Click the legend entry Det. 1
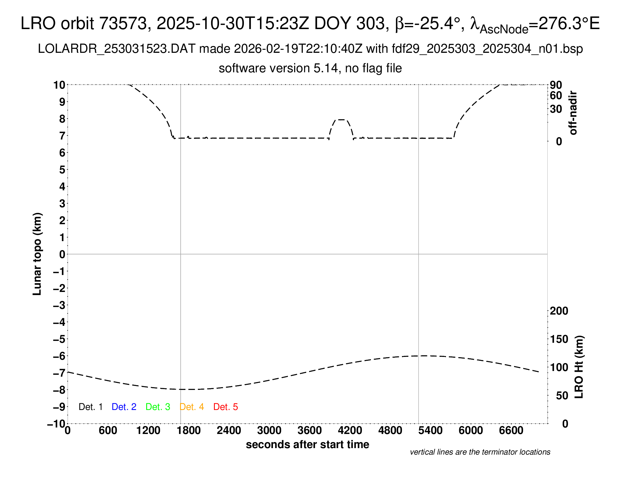[x=90, y=407]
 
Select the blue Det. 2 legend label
[x=124, y=407]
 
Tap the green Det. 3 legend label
[x=158, y=407]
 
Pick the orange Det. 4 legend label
[x=192, y=407]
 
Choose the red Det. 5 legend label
[x=226, y=407]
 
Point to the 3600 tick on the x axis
[x=310, y=431]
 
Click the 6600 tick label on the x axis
[x=511, y=431]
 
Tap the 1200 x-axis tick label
[x=148, y=431]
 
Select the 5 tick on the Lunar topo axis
[x=62, y=170]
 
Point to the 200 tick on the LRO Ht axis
[x=559, y=311]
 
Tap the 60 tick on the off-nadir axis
[x=556, y=95]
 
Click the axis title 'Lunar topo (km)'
[x=37, y=254]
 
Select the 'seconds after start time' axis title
[x=307, y=444]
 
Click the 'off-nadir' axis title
[x=573, y=113]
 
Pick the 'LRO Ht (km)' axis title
[x=579, y=367]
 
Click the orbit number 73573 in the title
[x=125, y=23]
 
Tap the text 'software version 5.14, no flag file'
[x=310, y=68]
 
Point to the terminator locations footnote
[x=480, y=452]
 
